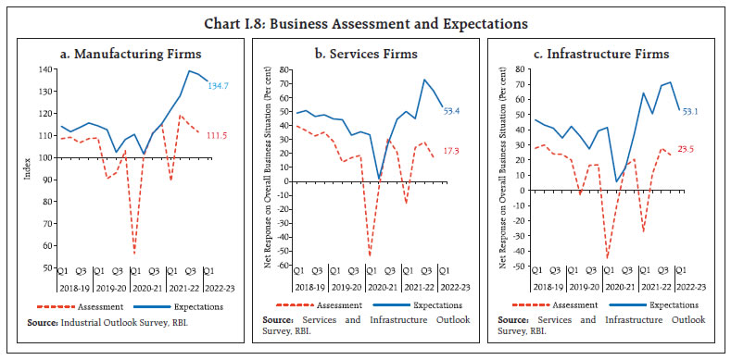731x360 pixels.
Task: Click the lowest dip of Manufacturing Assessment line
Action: pyautogui.click(x=135, y=253)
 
